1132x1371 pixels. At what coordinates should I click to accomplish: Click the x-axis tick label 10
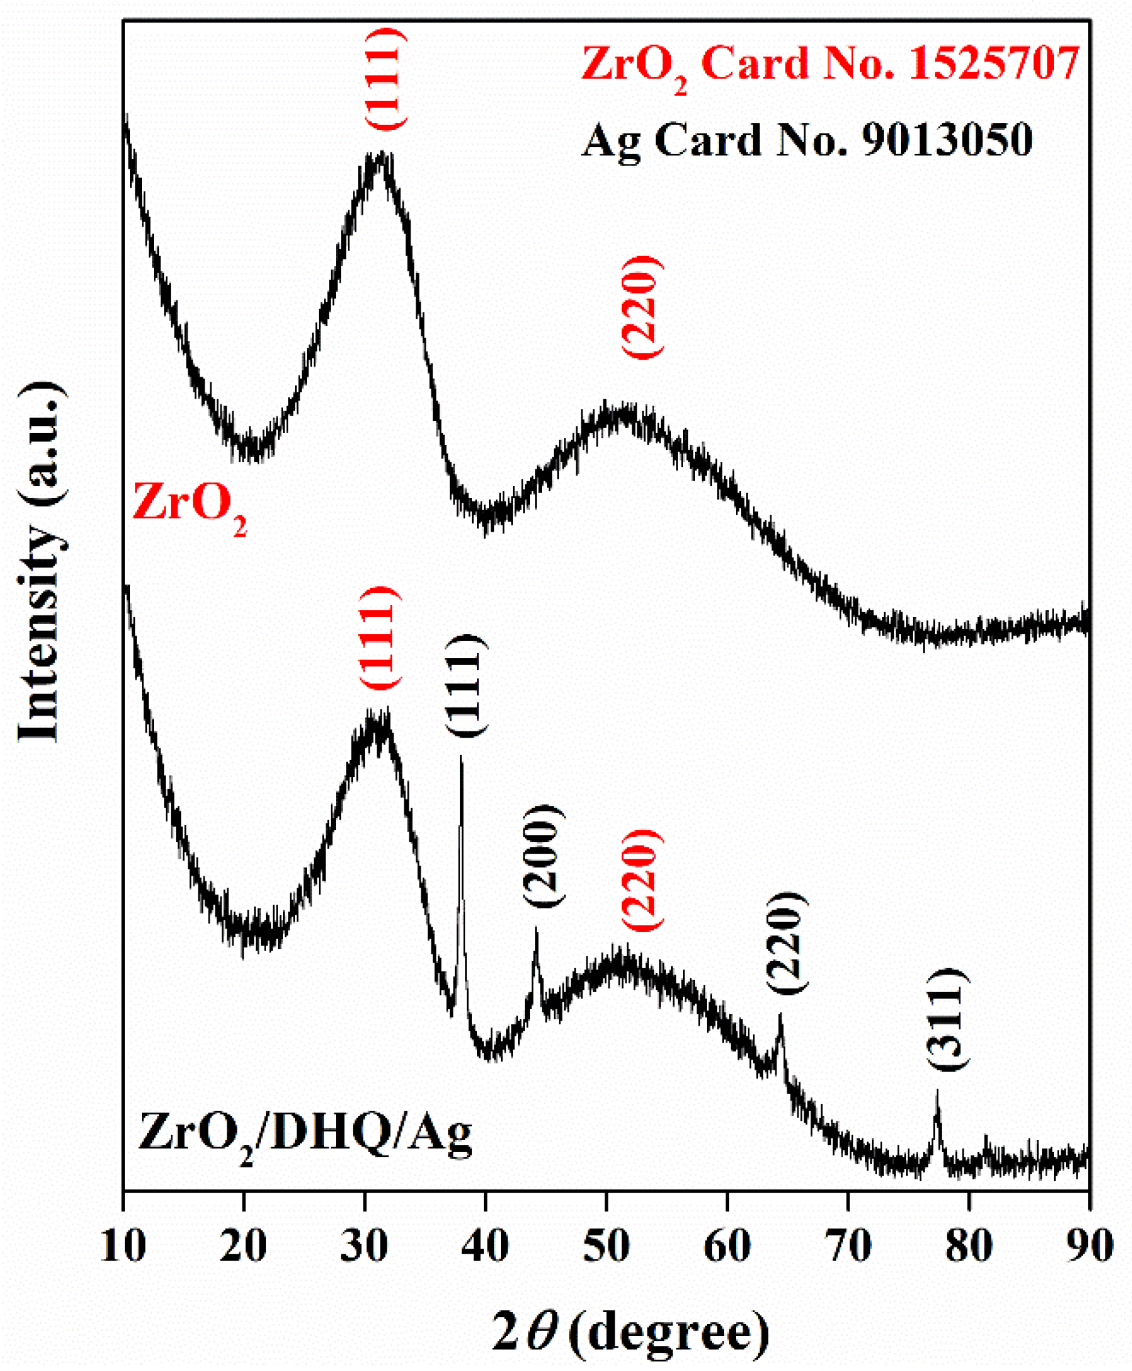click(x=123, y=1246)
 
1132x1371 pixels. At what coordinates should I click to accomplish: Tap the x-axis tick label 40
click(x=486, y=1246)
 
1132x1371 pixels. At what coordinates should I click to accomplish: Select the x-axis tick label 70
click(x=848, y=1246)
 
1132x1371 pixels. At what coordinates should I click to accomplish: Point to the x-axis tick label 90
click(x=1089, y=1246)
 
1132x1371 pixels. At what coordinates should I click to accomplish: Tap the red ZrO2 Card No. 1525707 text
click(x=830, y=66)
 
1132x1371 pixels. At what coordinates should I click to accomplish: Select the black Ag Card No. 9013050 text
click(x=807, y=139)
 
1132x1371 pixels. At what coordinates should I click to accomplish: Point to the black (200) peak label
click(x=542, y=856)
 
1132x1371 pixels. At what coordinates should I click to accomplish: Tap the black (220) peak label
click(x=787, y=943)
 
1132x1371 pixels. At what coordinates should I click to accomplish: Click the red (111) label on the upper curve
click(x=385, y=80)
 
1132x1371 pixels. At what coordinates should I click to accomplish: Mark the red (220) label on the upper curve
click(x=642, y=307)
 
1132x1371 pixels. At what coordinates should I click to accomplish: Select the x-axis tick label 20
click(x=244, y=1246)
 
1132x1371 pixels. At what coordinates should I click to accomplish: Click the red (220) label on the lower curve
click(x=642, y=880)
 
